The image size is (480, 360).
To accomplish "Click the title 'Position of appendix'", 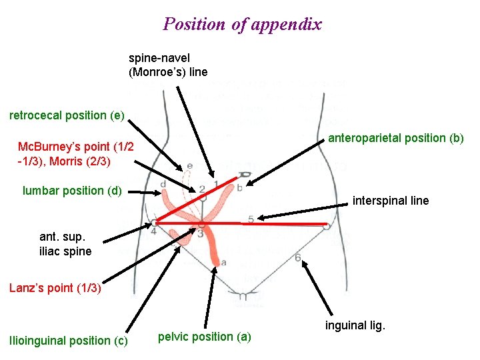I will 242,25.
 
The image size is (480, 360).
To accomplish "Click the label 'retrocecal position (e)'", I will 67,115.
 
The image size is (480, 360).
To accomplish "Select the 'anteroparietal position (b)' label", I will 395,138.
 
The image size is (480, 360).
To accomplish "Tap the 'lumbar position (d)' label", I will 72,191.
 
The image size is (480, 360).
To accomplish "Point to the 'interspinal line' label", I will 391,201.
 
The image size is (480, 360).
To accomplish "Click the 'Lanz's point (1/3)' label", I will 55,288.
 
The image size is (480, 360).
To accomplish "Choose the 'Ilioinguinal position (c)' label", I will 68,341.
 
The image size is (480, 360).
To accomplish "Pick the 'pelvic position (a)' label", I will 205,337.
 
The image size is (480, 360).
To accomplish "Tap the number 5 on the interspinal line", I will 251,219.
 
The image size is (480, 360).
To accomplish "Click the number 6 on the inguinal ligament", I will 297,257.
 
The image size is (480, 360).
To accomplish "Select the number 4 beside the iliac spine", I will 153,231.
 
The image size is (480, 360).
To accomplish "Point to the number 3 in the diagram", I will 200,233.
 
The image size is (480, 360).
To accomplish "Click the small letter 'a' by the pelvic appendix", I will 223,262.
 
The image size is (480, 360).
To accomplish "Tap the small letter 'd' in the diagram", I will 163,184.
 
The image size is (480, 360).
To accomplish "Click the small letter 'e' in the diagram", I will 189,165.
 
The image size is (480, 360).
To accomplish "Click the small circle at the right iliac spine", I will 327,227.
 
